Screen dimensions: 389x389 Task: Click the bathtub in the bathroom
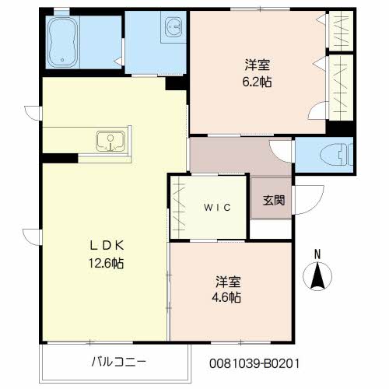click(x=63, y=42)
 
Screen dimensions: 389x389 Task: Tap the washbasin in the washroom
click(x=173, y=26)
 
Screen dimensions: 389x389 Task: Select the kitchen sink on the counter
click(x=110, y=141)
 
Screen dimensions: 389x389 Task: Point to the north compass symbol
click(x=317, y=276)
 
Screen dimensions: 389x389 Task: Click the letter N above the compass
click(x=317, y=254)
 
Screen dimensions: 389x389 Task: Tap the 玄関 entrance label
click(x=274, y=200)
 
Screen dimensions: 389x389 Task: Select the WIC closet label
click(x=217, y=208)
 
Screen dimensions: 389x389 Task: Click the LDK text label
click(x=107, y=246)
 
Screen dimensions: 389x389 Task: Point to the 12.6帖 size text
click(x=107, y=264)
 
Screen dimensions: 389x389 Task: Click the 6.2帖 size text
click(x=257, y=82)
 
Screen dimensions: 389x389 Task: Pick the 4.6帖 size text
click(x=226, y=297)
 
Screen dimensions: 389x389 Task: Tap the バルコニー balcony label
click(x=118, y=362)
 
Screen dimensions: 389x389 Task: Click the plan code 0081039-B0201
click(x=254, y=363)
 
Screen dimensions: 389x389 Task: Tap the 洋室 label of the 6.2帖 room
click(x=258, y=65)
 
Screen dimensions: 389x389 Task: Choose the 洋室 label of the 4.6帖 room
click(x=228, y=282)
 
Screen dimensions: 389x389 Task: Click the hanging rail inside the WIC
click(x=178, y=207)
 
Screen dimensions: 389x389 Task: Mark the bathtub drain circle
click(x=62, y=60)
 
